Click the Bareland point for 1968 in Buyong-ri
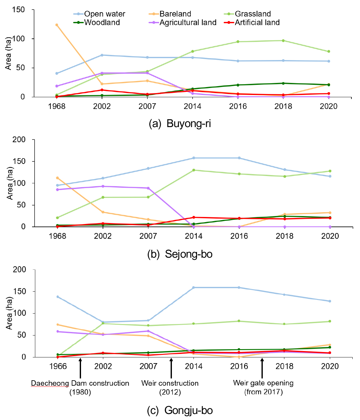tap(57, 25)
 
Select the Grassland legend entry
tap(253, 14)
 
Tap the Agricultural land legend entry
tap(187, 23)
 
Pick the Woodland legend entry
tap(102, 23)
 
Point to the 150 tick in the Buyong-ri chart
tap(18, 10)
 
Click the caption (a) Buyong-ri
tap(180, 123)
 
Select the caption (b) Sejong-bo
tap(180, 254)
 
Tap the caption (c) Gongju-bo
tap(180, 410)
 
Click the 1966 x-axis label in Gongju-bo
tap(58, 366)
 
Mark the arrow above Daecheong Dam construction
tap(80, 368)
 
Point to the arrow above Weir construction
tap(171, 368)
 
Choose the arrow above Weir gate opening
tap(262, 368)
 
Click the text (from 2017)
tap(263, 392)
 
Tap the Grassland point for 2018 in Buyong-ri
tap(283, 41)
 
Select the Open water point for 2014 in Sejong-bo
tap(194, 158)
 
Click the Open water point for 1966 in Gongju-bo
tap(58, 297)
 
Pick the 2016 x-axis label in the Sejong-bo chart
tap(239, 236)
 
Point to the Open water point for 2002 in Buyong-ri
tap(102, 55)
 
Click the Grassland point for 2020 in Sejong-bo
tap(330, 171)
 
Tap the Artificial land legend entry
tap(257, 23)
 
